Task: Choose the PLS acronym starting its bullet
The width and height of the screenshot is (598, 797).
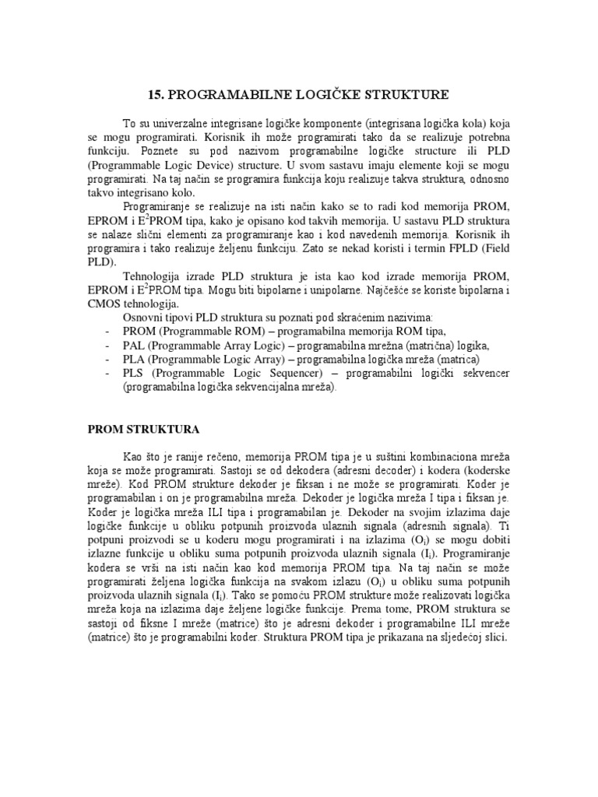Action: coord(134,374)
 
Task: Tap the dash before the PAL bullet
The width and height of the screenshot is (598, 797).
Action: coord(107,346)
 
